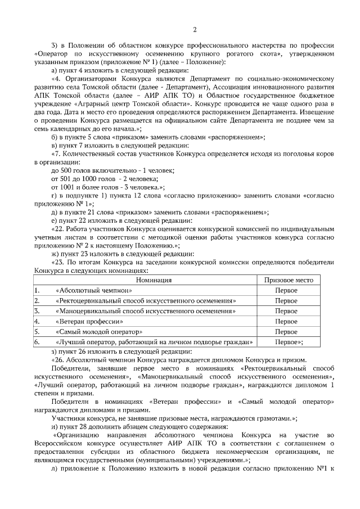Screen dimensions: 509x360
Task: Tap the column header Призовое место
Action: [286, 280]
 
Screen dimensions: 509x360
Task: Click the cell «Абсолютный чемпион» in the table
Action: [93, 290]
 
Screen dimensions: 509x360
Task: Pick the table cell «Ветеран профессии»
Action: [89, 321]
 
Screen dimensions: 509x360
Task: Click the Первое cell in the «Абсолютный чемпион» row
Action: [286, 290]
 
